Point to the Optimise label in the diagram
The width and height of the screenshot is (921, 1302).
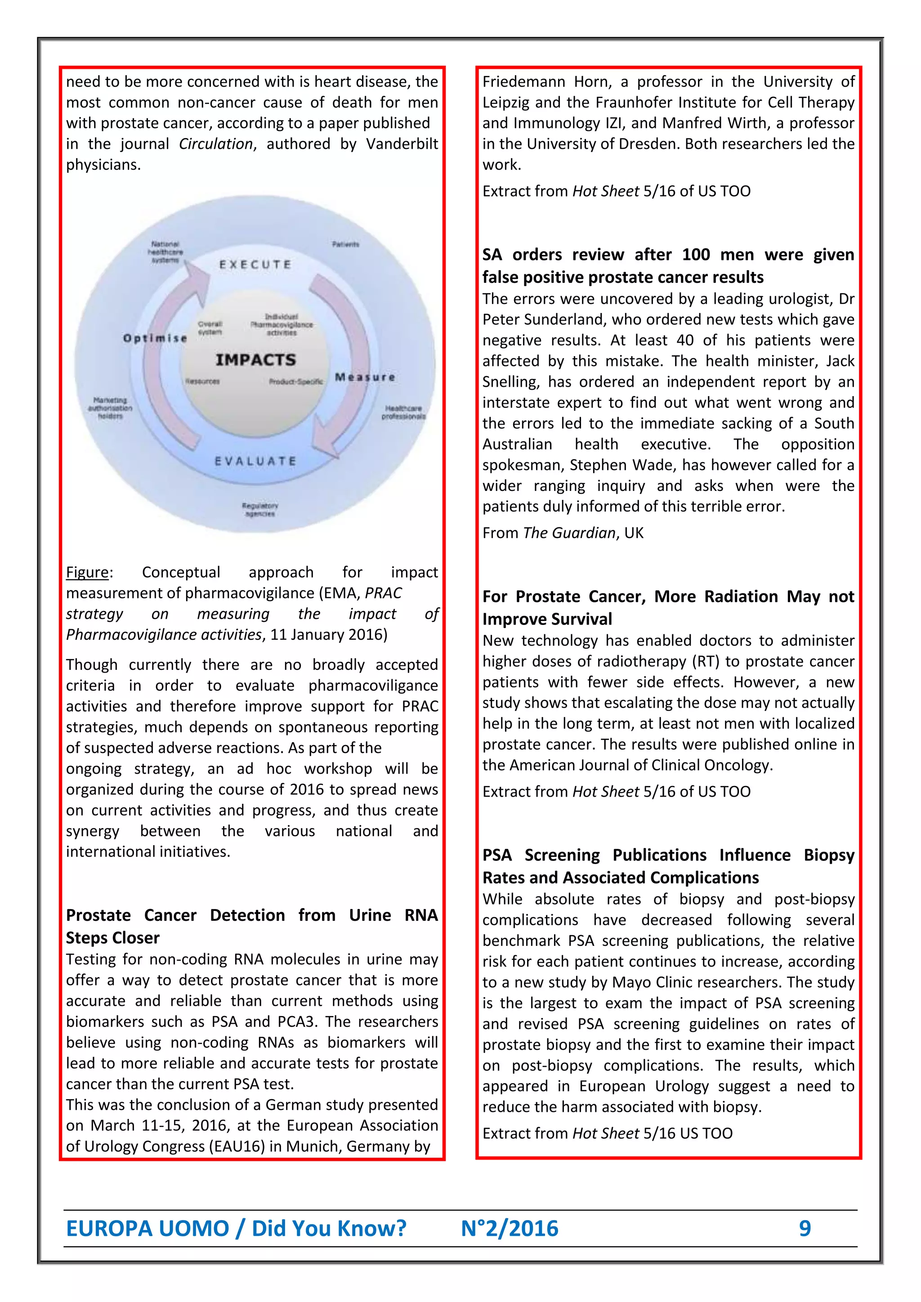click(155, 338)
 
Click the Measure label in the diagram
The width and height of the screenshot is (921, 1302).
click(365, 377)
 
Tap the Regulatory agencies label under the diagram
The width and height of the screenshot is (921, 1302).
click(260, 509)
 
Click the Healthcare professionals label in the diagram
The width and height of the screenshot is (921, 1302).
click(403, 412)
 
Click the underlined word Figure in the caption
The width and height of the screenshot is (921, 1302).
click(87, 572)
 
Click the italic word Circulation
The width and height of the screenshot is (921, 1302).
click(215, 144)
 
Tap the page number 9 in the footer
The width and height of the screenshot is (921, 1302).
click(804, 1228)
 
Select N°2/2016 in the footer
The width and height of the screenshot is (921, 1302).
click(509, 1228)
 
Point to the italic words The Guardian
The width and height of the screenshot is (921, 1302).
click(569, 533)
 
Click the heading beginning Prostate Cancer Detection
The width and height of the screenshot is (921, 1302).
click(252, 915)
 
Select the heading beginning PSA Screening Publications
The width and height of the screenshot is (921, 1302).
click(668, 855)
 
